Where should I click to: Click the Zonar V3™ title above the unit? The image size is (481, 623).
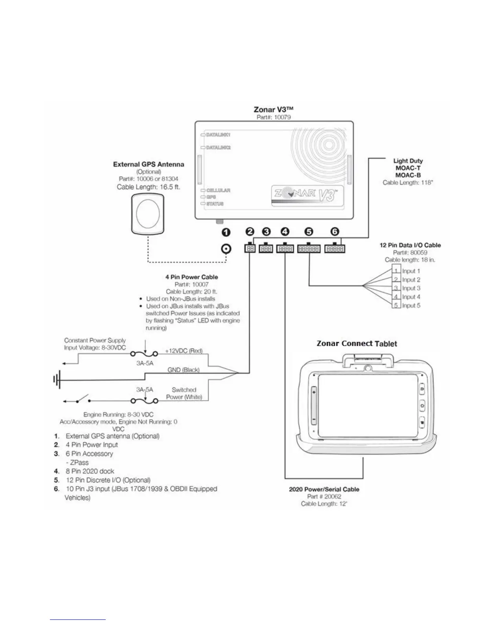tap(274, 109)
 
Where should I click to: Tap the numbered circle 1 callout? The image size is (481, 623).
tap(226, 232)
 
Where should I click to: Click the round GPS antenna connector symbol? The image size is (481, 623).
tap(226, 249)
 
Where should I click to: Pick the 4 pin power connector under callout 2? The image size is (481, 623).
tap(250, 248)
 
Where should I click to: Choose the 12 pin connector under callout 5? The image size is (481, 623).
tap(309, 249)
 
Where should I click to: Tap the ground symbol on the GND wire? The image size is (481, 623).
tap(57, 380)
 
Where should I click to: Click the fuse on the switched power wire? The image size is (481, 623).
tap(144, 401)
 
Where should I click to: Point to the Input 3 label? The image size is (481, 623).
tap(411, 288)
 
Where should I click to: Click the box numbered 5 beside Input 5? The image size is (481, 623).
tap(396, 306)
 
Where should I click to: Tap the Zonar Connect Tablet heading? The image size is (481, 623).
tap(357, 344)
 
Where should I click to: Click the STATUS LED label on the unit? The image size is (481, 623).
tap(215, 204)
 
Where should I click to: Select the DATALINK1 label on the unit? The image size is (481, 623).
tap(218, 135)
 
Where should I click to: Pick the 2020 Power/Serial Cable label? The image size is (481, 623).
tap(324, 489)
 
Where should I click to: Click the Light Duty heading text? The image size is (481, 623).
tap(408, 161)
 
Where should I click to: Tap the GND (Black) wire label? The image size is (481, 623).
tap(184, 370)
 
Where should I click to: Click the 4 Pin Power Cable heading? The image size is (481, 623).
tap(191, 277)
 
